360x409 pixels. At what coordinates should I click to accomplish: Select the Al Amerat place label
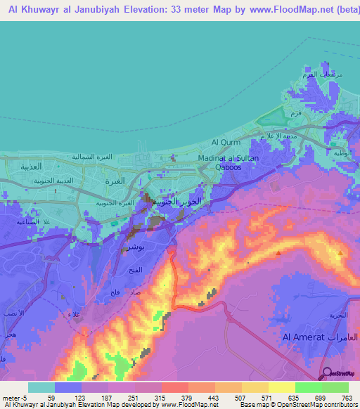pos(300,338)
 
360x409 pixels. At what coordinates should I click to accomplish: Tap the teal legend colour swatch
pos(41,387)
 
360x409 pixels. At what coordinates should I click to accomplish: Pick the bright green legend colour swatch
pos(308,387)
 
